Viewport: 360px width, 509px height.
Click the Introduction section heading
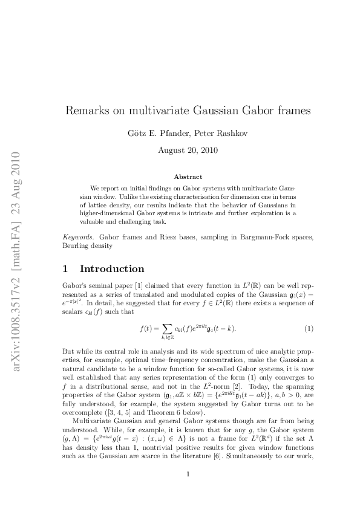coord(112,268)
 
